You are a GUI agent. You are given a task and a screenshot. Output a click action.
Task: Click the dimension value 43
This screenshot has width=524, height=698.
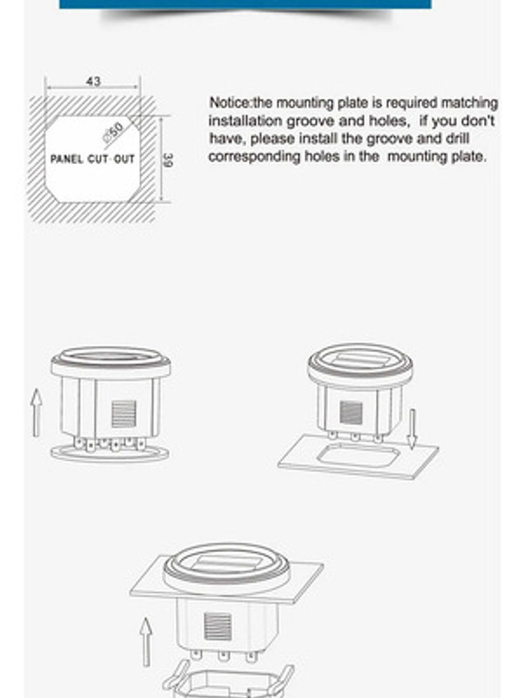pos(93,81)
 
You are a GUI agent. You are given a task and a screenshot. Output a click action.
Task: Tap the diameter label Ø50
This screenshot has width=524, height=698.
pos(114,132)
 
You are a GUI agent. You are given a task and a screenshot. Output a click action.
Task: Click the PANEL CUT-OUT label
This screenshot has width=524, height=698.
pos(92,159)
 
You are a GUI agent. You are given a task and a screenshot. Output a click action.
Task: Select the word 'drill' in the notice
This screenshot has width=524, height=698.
pos(457,138)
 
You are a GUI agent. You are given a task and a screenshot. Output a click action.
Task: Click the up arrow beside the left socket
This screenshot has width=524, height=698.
pos(36,412)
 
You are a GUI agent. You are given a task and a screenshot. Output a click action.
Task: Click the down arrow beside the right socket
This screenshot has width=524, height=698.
pos(412,429)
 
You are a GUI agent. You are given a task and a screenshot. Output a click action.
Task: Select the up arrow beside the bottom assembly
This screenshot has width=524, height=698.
pos(145,641)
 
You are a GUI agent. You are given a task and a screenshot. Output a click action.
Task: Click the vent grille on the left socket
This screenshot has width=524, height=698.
pos(123,413)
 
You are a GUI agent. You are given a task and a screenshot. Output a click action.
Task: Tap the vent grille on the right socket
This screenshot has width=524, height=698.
pos(351,412)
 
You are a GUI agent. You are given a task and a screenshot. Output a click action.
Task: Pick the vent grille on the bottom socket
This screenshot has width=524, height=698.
pos(217,627)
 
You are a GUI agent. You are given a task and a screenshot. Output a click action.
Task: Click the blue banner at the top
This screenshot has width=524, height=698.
pos(245,4)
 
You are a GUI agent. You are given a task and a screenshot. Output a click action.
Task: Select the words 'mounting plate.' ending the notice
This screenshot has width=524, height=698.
pos(436,156)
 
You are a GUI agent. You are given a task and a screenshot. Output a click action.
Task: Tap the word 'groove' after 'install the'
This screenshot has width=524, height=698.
pos(390,139)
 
